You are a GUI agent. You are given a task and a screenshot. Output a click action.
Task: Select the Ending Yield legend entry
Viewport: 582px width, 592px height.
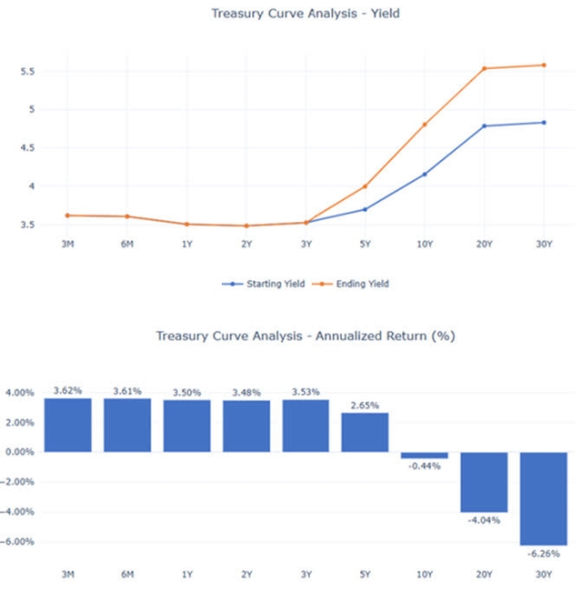click(x=353, y=284)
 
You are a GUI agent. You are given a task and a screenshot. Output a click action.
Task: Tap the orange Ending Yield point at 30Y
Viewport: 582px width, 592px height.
click(x=544, y=65)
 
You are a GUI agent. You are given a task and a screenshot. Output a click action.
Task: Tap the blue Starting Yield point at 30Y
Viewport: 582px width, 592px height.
click(x=544, y=122)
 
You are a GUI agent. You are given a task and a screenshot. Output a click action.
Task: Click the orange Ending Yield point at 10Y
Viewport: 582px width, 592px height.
click(x=425, y=125)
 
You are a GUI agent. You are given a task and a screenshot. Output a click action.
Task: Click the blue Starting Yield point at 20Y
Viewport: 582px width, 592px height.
click(x=485, y=125)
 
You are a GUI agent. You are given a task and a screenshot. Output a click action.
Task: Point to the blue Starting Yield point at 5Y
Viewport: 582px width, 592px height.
click(x=366, y=209)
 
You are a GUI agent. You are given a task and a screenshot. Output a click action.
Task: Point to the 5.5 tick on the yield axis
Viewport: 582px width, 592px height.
click(x=28, y=71)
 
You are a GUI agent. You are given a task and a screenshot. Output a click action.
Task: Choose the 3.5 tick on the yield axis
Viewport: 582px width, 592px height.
click(x=28, y=224)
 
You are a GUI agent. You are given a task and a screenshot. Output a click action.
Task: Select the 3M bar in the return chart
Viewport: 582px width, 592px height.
click(x=68, y=425)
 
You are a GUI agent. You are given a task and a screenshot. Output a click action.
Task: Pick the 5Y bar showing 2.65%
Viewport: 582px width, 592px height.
click(x=366, y=432)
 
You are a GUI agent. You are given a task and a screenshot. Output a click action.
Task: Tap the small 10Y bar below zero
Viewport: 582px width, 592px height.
click(x=425, y=455)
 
